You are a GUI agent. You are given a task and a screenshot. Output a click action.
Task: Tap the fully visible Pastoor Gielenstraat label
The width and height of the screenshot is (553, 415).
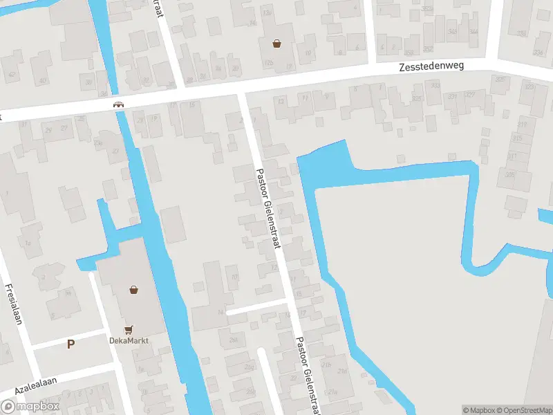coord(267,220)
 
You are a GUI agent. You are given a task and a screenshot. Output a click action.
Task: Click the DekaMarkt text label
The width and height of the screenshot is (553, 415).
coord(129,340)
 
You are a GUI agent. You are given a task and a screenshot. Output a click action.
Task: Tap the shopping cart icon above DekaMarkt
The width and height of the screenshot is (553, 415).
coord(128,330)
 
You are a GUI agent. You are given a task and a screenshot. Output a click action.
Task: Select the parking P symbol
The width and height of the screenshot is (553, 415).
coord(71,344)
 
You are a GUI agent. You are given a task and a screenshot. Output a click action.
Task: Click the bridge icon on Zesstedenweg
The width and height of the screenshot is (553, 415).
coord(119,104)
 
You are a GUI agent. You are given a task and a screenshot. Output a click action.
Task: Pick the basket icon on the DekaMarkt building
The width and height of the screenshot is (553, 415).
coord(133,290)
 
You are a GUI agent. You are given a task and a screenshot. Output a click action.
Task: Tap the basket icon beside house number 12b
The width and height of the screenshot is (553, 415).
coord(277,44)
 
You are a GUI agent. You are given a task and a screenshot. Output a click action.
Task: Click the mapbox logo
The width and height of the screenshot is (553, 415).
coord(31,407)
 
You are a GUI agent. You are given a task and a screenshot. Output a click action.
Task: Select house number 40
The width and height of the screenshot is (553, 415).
coord(43,81)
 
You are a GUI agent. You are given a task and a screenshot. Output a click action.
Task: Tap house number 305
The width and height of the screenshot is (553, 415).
coord(509,175)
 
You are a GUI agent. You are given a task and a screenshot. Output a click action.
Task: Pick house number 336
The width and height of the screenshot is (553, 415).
coord(538,53)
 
